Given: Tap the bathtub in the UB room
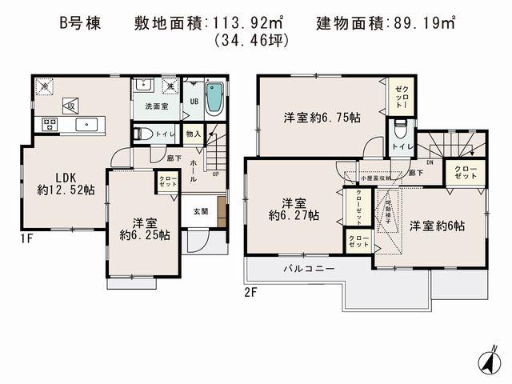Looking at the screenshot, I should tap(214, 101).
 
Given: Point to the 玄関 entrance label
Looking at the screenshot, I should tap(201, 211).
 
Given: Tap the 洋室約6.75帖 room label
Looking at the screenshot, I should tap(322, 118).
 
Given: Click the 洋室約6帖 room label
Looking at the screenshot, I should tap(437, 226).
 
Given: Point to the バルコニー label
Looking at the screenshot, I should tap(306, 269).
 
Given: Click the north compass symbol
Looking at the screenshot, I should tap(486, 362).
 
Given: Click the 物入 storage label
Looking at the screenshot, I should tap(193, 134).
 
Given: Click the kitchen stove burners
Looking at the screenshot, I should tap(46, 124).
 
